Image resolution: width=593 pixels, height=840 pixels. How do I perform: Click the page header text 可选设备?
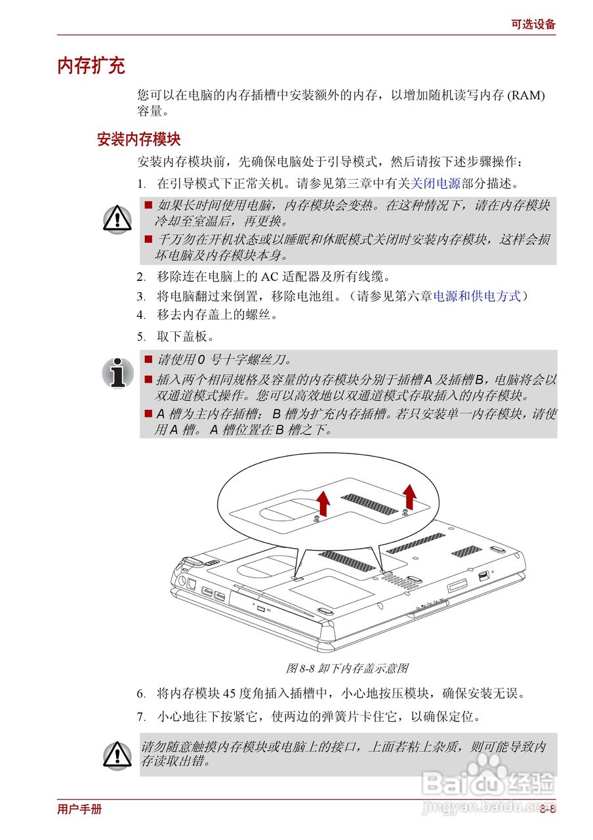click(533, 24)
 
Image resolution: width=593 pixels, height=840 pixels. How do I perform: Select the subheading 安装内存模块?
click(138, 139)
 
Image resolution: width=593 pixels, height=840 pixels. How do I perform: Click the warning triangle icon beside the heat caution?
click(117, 218)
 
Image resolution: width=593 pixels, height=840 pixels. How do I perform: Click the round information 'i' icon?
click(117, 372)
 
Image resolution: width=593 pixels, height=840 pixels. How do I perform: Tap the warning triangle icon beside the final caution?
click(117, 754)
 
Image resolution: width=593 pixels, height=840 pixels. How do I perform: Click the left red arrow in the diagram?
click(323, 503)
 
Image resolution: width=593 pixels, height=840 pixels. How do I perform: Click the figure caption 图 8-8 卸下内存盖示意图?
click(348, 668)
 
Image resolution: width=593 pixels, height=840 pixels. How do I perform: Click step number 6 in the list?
click(141, 694)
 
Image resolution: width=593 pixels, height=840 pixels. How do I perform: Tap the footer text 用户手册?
click(79, 809)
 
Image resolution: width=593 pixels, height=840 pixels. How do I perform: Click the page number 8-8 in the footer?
click(548, 809)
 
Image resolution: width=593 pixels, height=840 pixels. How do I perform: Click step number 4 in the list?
click(141, 314)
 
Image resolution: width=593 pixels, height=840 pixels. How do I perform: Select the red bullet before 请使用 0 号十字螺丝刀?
click(148, 359)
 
